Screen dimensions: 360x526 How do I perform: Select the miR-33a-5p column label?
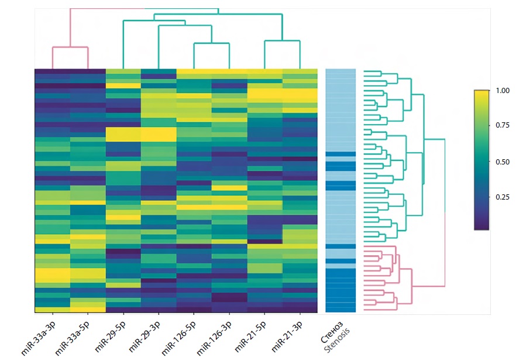point(74,338)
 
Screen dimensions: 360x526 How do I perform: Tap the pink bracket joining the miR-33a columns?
point(70,47)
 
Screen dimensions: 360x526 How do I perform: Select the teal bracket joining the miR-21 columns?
point(283,41)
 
